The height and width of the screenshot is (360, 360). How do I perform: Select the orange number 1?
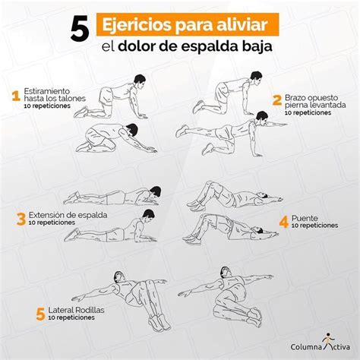pos(14,96)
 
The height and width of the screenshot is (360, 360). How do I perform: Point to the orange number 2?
pos(277,99)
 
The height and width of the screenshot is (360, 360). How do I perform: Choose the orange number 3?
pos(21,219)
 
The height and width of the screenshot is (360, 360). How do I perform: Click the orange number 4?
pos(283,221)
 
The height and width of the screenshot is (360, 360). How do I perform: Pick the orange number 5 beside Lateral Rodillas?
pos(39,313)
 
